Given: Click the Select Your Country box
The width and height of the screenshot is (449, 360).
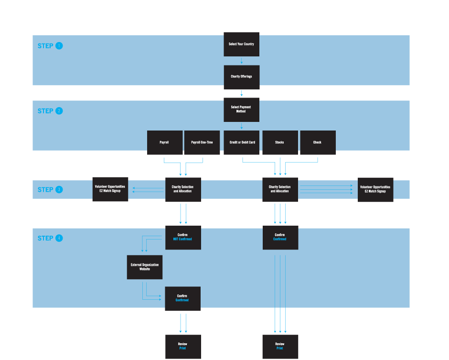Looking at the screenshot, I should (241, 44).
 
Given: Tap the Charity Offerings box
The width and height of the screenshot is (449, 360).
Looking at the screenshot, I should (241, 76).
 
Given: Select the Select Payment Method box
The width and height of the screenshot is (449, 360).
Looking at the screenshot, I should (241, 109).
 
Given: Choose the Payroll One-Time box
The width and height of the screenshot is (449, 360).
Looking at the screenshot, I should (202, 142).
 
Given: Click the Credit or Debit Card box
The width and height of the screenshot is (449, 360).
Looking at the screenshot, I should (241, 142).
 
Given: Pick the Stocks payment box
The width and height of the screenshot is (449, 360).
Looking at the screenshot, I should (280, 142).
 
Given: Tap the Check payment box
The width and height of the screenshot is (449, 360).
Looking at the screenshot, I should (318, 142).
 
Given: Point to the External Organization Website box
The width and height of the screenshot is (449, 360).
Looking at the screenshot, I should (145, 267).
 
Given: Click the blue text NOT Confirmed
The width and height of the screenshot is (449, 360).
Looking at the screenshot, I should (182, 239).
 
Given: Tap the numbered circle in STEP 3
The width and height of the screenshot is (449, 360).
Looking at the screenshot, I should (59, 189).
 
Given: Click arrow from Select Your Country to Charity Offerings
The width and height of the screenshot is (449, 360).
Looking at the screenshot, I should (242, 61).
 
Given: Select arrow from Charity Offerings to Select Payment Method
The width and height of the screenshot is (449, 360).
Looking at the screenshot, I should (242, 93).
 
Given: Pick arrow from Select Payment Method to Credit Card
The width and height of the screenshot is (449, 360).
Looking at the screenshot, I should (242, 126).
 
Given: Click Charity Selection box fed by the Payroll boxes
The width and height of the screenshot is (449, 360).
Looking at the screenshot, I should (182, 189).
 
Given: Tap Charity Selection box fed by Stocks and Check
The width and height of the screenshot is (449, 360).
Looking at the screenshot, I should (280, 189).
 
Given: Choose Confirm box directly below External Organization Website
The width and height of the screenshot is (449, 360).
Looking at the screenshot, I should (182, 298).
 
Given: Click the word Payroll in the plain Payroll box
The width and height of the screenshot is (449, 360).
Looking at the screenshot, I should (164, 142).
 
